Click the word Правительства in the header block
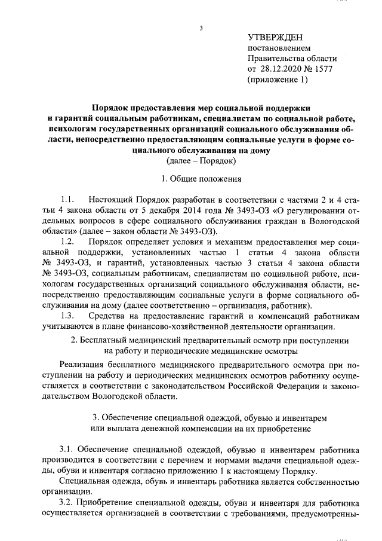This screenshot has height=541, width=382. click(275, 58)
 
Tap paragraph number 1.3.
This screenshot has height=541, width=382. click(67, 316)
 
